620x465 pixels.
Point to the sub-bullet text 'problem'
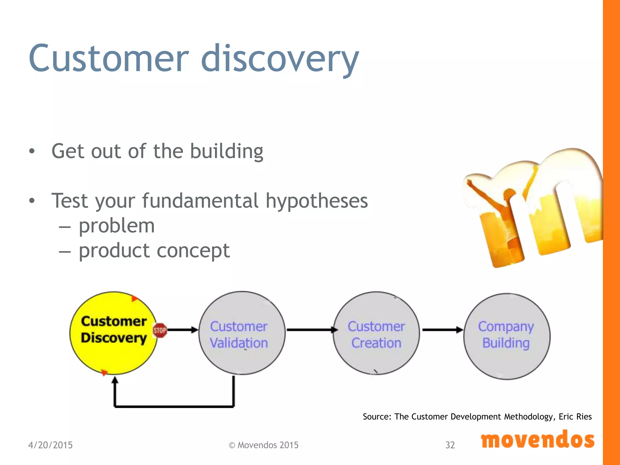pyautogui.click(x=117, y=226)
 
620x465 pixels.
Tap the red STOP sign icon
pyautogui.click(x=160, y=330)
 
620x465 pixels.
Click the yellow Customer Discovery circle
pyautogui.click(x=114, y=354)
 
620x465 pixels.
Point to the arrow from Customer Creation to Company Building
pyautogui.click(x=442, y=330)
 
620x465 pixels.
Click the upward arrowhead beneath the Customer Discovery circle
pyautogui.click(x=115, y=380)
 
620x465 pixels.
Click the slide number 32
pyautogui.click(x=450, y=445)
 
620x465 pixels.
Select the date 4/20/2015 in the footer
pyautogui.click(x=50, y=445)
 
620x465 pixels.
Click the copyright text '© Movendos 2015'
pyautogui.click(x=263, y=445)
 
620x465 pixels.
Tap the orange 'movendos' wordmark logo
pyautogui.click(x=538, y=440)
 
